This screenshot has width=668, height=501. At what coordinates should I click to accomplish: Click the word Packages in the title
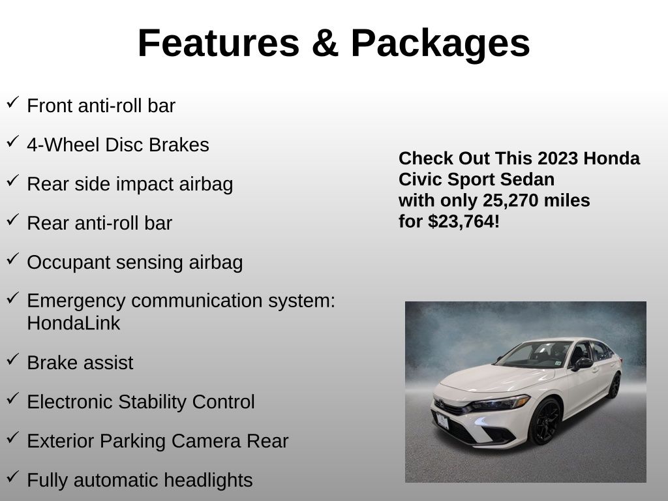point(440,44)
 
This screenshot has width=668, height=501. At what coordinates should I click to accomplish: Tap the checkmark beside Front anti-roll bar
point(13,102)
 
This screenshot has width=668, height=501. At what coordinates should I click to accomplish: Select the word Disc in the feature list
point(124,145)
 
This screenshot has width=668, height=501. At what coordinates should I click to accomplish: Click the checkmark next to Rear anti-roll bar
point(13,219)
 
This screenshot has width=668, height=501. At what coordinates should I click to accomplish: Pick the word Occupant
point(68,263)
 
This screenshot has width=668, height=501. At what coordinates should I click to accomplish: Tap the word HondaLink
point(73,323)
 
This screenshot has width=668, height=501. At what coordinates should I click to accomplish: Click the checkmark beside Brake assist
point(13,359)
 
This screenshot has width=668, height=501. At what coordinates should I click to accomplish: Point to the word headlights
point(208,481)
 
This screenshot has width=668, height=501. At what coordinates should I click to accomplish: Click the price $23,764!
point(464,222)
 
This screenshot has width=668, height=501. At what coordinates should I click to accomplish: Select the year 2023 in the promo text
point(552,159)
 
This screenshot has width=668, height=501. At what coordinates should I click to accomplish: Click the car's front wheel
point(545,421)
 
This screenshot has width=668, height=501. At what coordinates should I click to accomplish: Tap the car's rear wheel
point(614,385)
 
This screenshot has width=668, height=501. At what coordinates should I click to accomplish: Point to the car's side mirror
point(582,363)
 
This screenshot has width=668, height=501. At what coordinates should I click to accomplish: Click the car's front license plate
point(443,421)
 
